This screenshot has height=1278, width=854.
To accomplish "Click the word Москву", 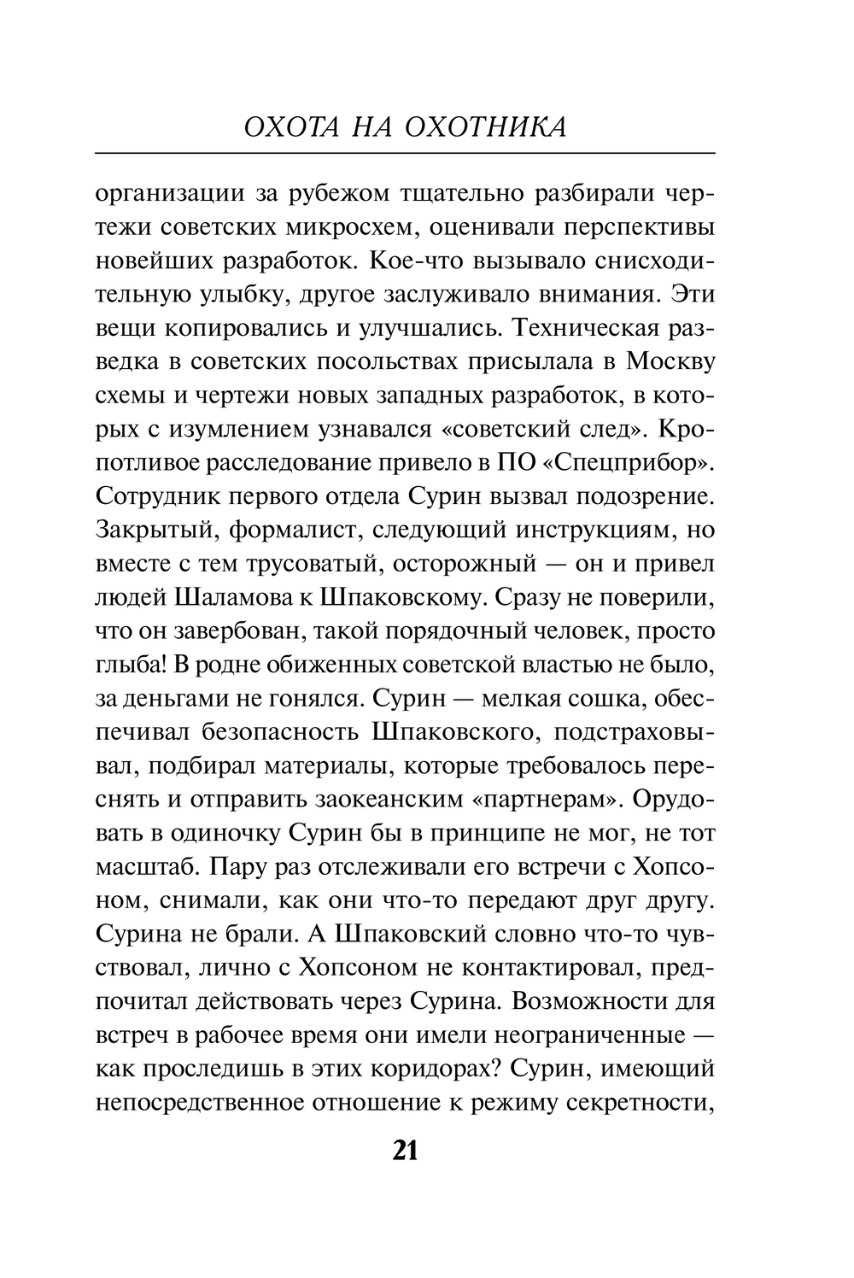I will click(670, 361).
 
